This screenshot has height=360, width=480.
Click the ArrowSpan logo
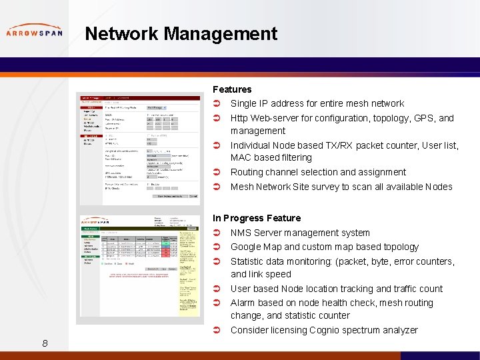coord(34,31)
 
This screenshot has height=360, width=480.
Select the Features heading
coord(232,89)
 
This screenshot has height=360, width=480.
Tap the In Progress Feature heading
coord(257,218)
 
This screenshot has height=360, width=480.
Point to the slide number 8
coord(45,343)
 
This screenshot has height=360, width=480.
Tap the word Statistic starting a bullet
coord(249,261)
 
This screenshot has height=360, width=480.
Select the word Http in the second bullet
coord(239,118)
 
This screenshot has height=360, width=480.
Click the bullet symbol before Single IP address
coord(217,103)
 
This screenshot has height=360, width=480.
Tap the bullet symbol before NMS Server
coord(217,233)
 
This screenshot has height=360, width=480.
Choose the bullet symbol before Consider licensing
coord(217,330)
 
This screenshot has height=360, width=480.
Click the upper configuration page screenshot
coord(139,148)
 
